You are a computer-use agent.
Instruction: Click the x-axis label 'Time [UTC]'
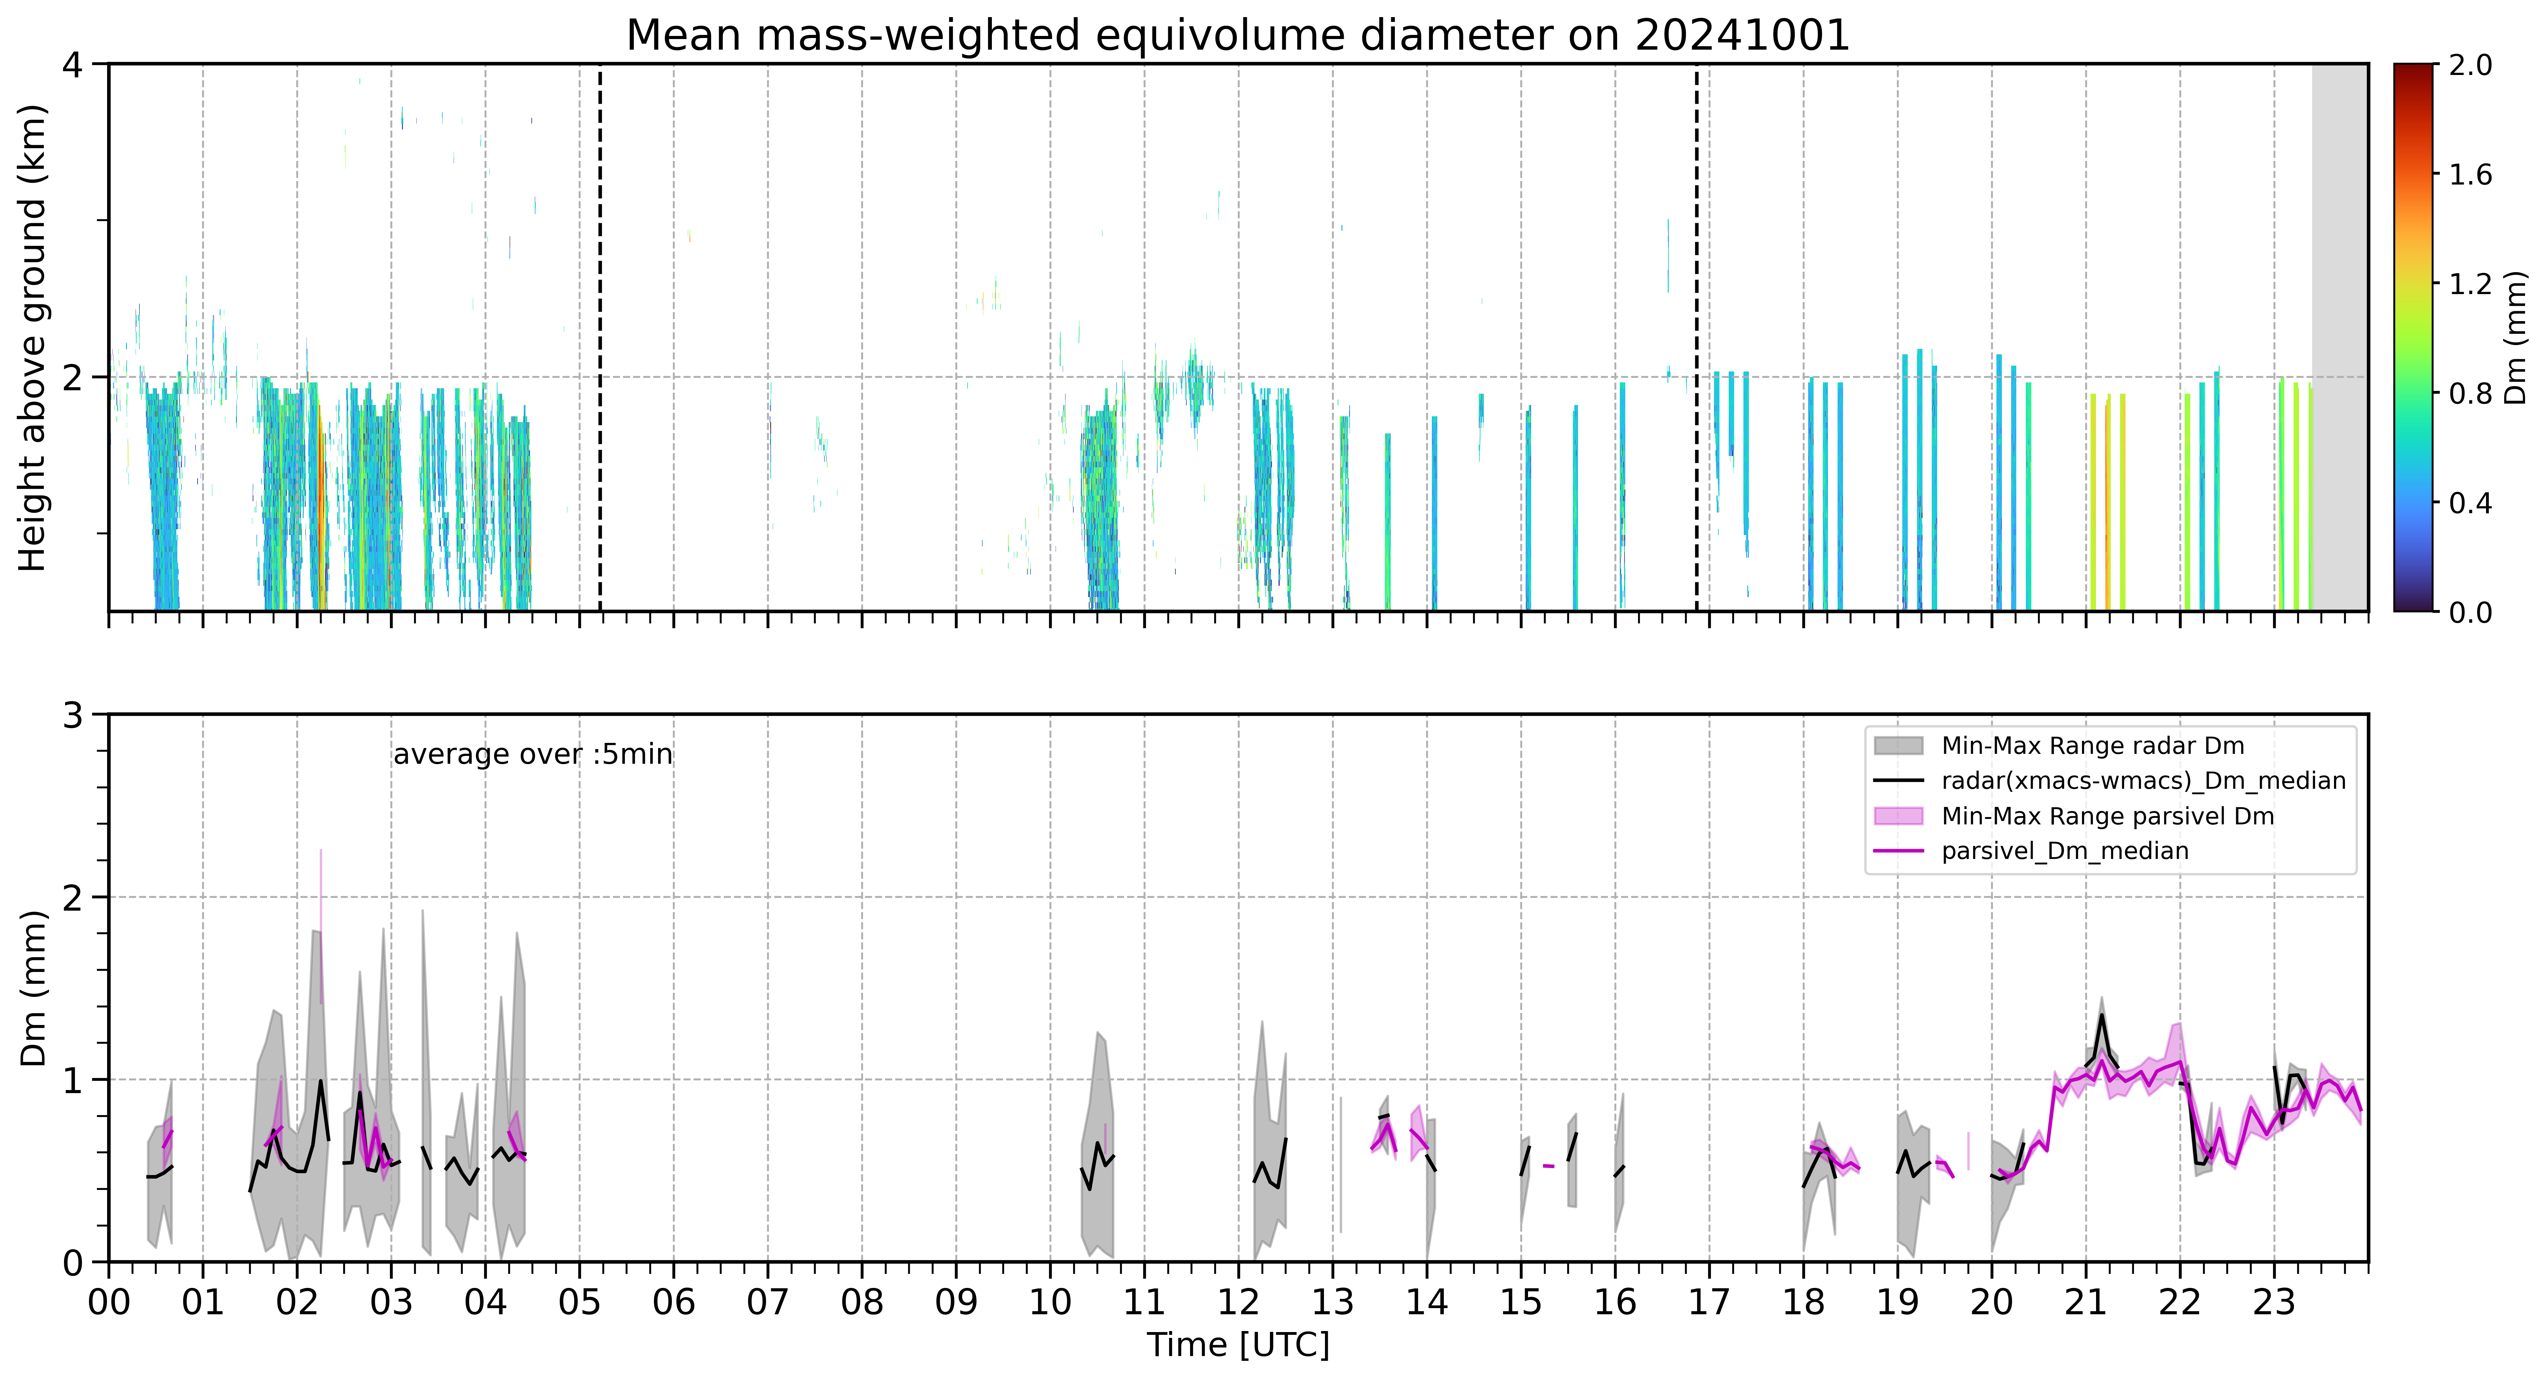(x=1237, y=1345)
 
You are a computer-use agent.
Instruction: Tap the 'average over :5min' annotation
(x=532, y=755)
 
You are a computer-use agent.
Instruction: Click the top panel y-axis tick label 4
(x=72, y=64)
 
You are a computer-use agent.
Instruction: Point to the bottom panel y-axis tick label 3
(x=72, y=714)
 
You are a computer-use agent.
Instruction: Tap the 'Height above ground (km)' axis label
(x=34, y=337)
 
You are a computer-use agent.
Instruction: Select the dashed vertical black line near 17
(x=1697, y=337)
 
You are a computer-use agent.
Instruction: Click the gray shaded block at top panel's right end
(x=2339, y=337)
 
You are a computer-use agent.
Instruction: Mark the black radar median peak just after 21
(x=2101, y=1015)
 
